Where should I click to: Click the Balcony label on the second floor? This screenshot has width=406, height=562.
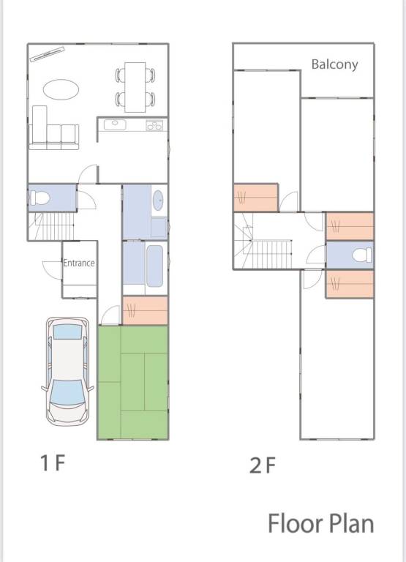pyautogui.click(x=334, y=64)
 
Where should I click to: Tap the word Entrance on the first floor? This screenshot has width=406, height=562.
pyautogui.click(x=79, y=263)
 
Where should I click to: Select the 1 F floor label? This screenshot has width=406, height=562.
pyautogui.click(x=53, y=462)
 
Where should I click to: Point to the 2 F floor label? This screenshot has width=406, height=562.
pyautogui.click(x=263, y=465)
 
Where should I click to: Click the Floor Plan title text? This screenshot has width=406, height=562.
pyautogui.click(x=320, y=524)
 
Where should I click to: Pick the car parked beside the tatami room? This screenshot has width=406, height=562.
pyautogui.click(x=67, y=371)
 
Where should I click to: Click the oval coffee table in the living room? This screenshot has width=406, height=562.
pyautogui.click(x=61, y=89)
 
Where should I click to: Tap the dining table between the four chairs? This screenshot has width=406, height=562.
pyautogui.click(x=135, y=87)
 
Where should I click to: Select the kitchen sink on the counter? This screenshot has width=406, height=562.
pyautogui.click(x=115, y=124)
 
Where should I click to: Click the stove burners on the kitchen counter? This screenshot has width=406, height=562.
pyautogui.click(x=154, y=125)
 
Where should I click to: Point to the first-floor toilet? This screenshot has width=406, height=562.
pyautogui.click(x=40, y=198)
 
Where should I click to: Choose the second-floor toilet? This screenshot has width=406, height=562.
pyautogui.click(x=362, y=255)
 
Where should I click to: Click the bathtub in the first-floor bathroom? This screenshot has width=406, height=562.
pyautogui.click(x=155, y=266)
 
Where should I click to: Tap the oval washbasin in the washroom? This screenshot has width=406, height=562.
pyautogui.click(x=158, y=201)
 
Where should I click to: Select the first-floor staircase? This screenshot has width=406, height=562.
pyautogui.click(x=51, y=226)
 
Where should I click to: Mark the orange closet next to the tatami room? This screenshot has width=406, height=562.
pyautogui.click(x=145, y=310)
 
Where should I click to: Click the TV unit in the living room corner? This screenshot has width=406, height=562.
pyautogui.click(x=47, y=54)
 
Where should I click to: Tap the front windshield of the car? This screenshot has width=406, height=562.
pyautogui.click(x=67, y=392)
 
